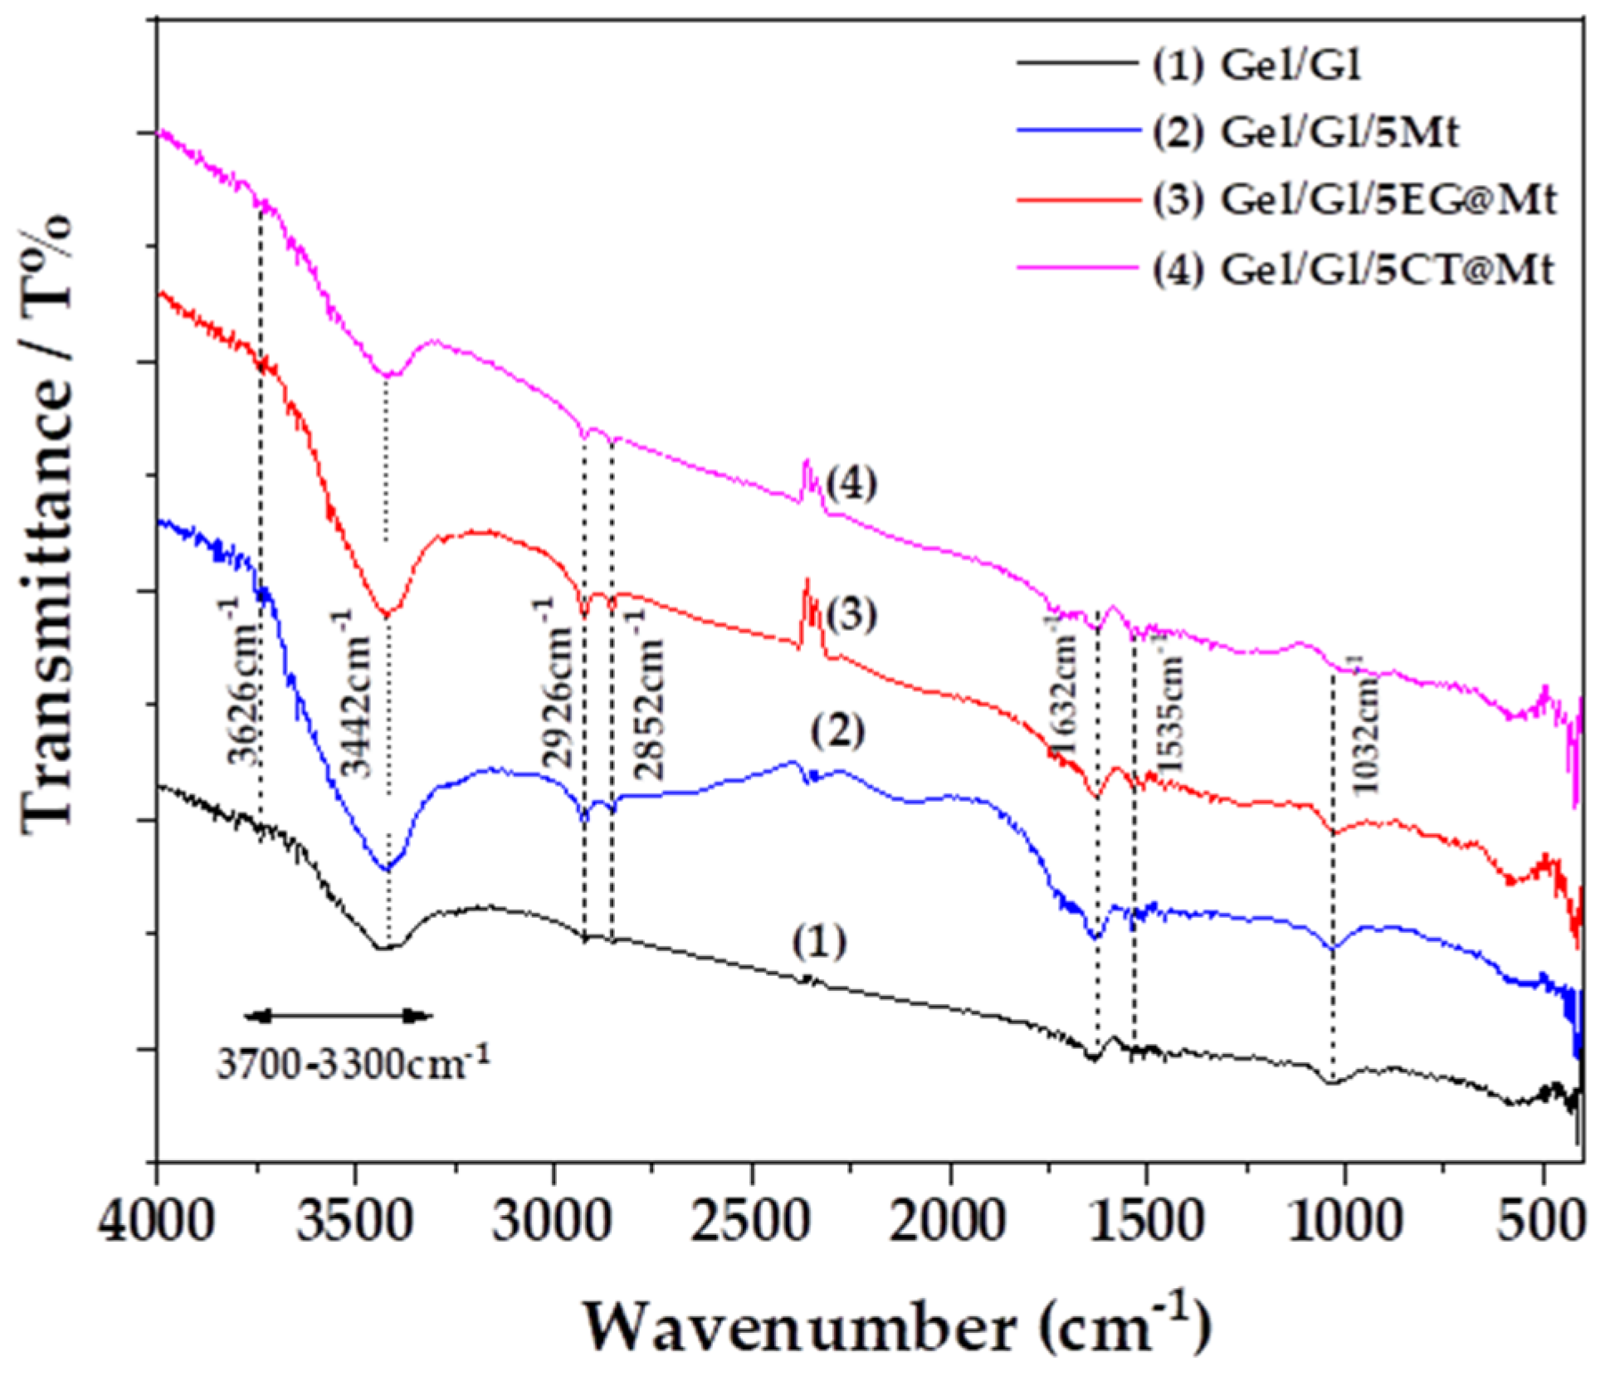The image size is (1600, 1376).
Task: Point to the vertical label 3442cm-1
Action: point(357,693)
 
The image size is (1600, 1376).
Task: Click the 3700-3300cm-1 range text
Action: point(354,1063)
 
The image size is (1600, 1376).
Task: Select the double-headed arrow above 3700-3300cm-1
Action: point(339,1015)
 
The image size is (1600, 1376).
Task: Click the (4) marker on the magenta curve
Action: point(851,484)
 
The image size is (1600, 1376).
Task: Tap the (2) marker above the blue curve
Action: point(838,731)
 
